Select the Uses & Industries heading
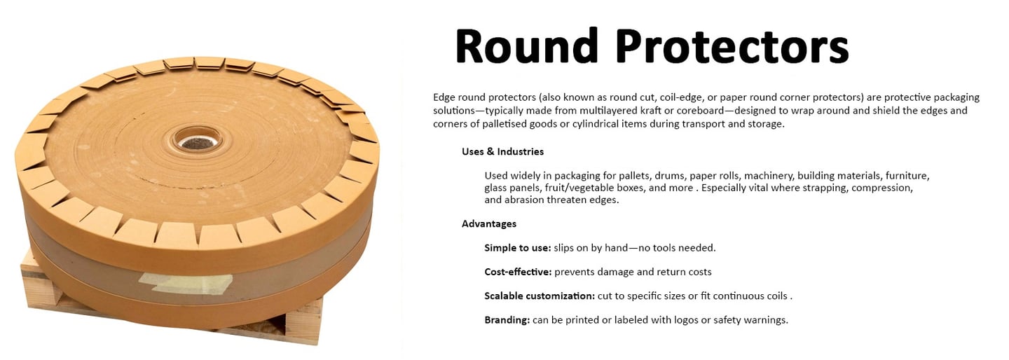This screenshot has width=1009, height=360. (x=502, y=151)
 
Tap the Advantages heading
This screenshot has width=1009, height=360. (x=489, y=224)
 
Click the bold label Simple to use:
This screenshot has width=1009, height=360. (x=517, y=248)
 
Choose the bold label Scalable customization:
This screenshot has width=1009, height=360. (x=539, y=296)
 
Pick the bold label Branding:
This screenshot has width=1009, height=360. (x=507, y=320)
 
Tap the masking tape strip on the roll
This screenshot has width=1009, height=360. (x=186, y=282)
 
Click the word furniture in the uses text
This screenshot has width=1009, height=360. (x=907, y=176)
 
